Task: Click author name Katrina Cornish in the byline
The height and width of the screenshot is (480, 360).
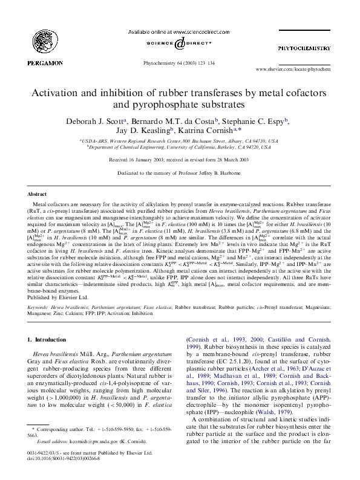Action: (211, 131)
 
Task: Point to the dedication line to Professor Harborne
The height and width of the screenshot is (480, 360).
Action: (180, 172)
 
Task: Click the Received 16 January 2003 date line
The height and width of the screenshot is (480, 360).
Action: (180, 160)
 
